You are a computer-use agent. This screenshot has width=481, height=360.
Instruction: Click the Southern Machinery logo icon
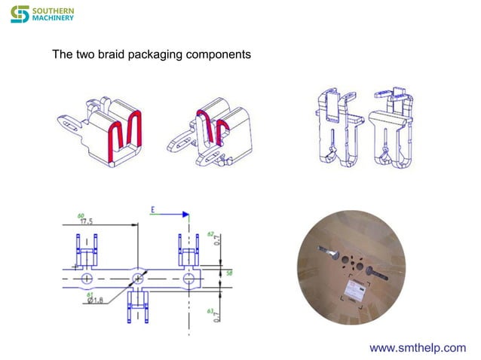pos(19,14)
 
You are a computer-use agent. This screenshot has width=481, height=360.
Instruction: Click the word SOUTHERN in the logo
pos(53,10)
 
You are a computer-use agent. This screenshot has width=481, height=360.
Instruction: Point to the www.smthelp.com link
pos(417,347)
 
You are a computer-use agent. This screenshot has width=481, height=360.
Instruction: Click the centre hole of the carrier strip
pos(139,279)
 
